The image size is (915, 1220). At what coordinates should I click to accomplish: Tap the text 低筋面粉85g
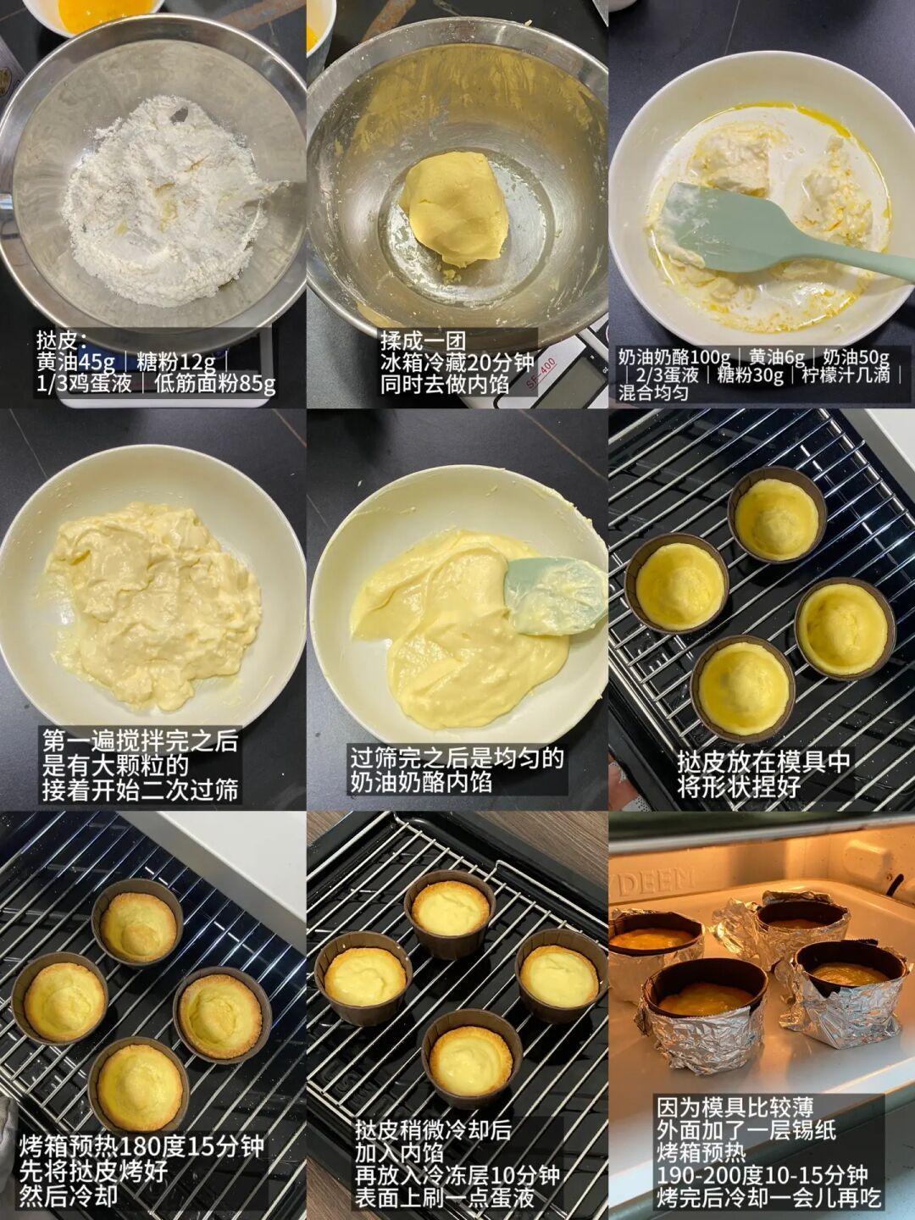[215, 384]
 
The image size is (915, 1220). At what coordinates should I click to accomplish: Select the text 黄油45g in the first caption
[75, 363]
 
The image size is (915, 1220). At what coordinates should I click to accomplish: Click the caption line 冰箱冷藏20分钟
[457, 363]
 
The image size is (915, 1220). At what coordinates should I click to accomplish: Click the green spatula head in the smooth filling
[556, 595]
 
